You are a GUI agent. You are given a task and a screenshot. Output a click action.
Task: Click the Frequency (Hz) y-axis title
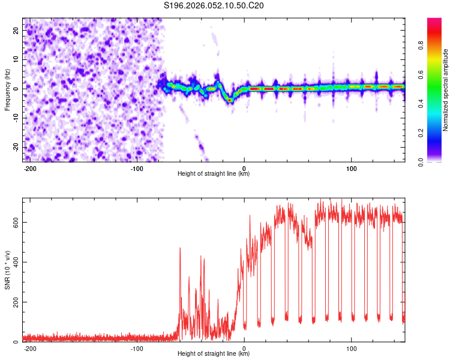coord(7,90)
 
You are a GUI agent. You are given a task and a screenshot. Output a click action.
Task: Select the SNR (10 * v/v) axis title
coord(7,270)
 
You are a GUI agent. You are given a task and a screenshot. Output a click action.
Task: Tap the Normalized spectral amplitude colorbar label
coord(446,90)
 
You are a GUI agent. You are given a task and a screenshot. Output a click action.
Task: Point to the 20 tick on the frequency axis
coord(16,30)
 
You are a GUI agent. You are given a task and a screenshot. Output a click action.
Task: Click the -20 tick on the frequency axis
coord(15,147)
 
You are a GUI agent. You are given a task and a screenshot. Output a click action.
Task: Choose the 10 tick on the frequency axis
coord(16,59)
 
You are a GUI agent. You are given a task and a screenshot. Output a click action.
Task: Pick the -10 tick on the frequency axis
coord(15,118)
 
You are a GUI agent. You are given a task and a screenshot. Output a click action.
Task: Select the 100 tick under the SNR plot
coord(351,348)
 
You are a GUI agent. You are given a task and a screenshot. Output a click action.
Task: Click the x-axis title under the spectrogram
coord(214,174)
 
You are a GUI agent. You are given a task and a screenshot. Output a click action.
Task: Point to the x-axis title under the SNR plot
coord(214,354)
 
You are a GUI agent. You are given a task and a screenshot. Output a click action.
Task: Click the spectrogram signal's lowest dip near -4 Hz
coord(230,100)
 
